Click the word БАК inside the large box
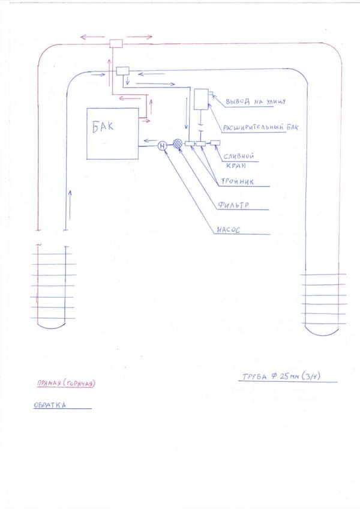[x=103, y=127]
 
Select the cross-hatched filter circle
[x=178, y=144]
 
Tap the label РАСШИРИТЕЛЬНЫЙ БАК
[x=260, y=128]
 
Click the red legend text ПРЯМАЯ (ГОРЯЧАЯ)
[x=66, y=384]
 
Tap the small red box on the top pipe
[x=116, y=43]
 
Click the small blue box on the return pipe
[x=123, y=71]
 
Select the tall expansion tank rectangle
[x=200, y=99]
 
